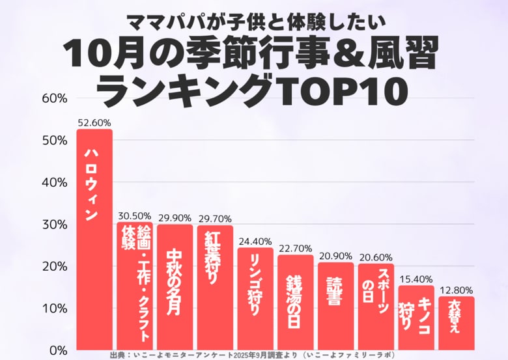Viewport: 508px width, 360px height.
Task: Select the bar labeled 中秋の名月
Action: coord(175,286)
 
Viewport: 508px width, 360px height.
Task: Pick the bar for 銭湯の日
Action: coord(295,302)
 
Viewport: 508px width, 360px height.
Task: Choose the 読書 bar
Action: coord(335,306)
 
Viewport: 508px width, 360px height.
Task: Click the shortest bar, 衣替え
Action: coord(456,323)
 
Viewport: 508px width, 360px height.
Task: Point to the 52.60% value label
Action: coord(94,122)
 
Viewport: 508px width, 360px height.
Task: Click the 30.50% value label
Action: coord(135,215)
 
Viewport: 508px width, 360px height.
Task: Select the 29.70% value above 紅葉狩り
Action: coord(215,219)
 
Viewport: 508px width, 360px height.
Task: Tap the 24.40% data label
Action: coord(255,241)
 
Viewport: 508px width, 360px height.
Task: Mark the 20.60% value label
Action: coord(376,257)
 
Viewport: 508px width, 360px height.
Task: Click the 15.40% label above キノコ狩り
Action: coord(416,279)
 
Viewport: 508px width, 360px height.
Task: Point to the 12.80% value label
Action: coord(456,290)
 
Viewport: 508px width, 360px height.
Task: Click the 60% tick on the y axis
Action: coord(55,98)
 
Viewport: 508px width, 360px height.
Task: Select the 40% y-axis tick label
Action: coord(55,182)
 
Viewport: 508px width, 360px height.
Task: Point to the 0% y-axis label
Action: coord(58,350)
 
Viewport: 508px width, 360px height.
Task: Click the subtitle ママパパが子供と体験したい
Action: coord(254,21)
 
